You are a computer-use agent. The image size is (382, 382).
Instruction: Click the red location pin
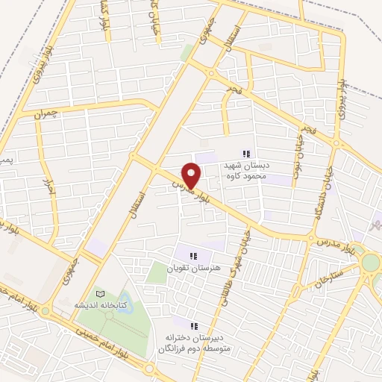(192, 175)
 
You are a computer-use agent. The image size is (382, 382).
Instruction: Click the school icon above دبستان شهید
(247, 153)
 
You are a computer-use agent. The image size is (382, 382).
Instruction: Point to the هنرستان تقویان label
(193, 268)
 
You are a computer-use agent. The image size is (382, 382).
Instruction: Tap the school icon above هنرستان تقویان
(193, 257)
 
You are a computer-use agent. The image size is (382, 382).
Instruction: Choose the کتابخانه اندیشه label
(100, 306)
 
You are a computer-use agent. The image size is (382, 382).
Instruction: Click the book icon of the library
(100, 295)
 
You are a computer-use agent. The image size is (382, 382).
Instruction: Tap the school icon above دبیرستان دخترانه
(194, 325)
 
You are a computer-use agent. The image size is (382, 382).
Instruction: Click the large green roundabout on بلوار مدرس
(371, 263)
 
